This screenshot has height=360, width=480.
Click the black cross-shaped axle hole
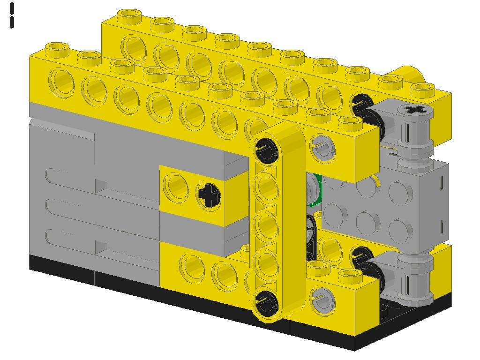(209, 194)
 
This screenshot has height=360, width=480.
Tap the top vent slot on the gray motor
(70, 176)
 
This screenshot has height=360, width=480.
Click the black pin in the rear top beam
(361, 105)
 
